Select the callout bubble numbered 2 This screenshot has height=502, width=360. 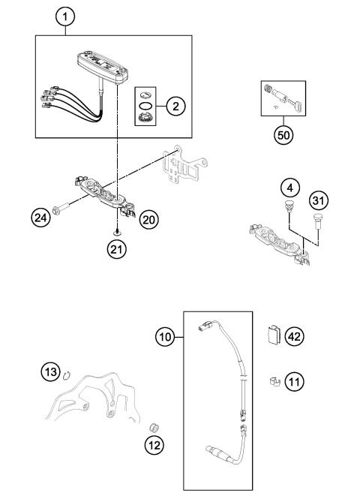click(175, 107)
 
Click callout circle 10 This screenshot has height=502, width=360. click(166, 336)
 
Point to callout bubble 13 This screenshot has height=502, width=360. click(50, 372)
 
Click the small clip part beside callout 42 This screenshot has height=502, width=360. click(274, 334)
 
